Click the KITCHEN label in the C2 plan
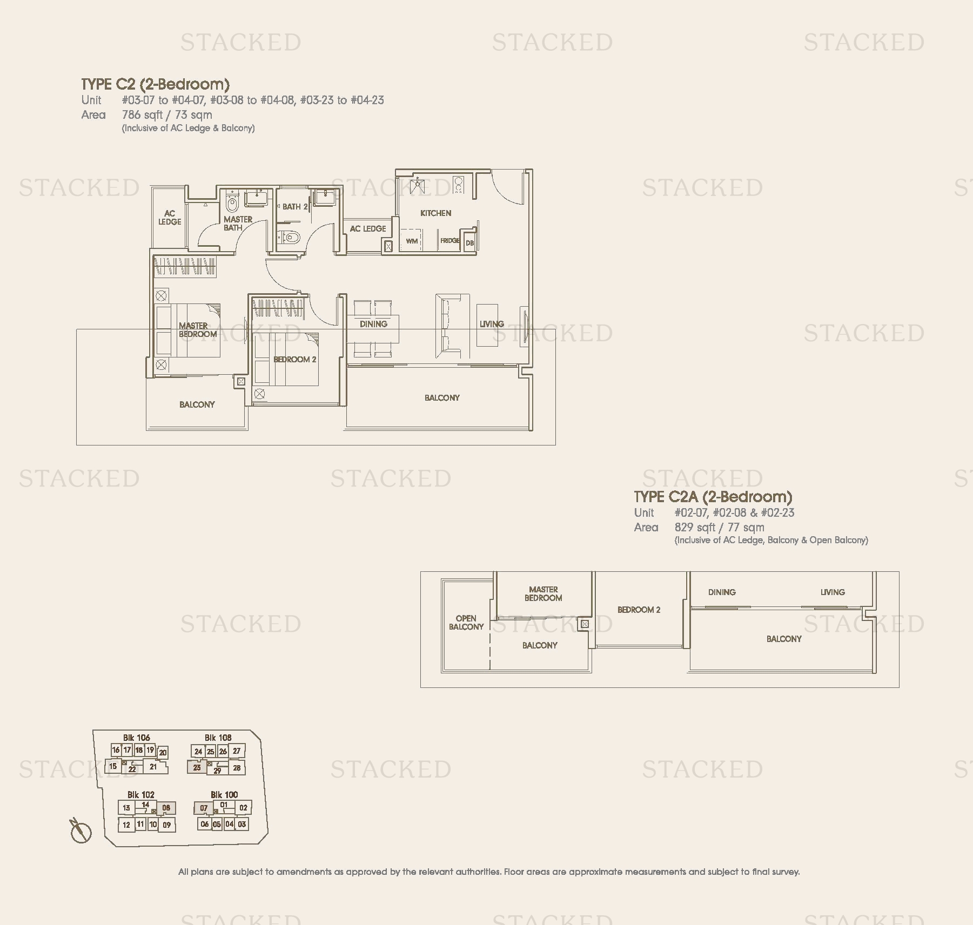435,213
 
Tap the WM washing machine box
412,240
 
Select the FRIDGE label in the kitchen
449,240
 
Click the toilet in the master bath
232,201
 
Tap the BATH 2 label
295,207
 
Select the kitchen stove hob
459,185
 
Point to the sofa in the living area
452,326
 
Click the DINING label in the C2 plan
373,324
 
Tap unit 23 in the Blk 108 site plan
197,767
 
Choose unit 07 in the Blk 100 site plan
203,808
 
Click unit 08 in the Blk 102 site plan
166,808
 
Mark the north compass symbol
81,831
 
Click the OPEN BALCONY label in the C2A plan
466,623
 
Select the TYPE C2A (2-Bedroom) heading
713,497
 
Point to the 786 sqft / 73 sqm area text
167,115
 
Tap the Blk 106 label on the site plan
136,738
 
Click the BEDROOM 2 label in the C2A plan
639,610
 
